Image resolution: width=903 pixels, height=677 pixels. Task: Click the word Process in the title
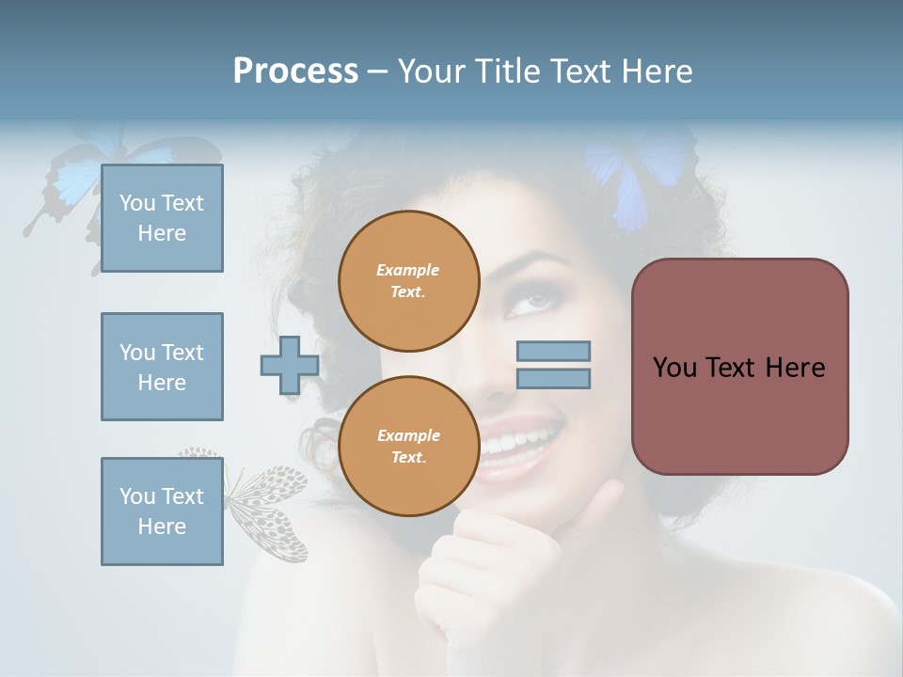tap(295, 71)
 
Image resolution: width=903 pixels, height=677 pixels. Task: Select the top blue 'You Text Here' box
tap(162, 218)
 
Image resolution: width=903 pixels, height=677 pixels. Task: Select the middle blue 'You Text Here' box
tap(162, 367)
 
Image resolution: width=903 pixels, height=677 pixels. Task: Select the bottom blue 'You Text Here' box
tap(162, 511)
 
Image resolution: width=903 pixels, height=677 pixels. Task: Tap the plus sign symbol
tap(290, 366)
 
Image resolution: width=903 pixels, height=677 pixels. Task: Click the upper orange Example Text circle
tap(408, 280)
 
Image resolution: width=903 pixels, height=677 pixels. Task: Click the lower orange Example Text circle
tap(408, 446)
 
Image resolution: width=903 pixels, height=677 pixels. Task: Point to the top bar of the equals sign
tap(554, 352)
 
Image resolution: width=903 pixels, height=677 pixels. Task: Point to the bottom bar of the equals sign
tap(554, 379)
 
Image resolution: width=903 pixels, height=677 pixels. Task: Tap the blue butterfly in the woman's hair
tap(640, 174)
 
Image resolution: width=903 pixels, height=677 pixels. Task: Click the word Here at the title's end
tap(657, 71)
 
